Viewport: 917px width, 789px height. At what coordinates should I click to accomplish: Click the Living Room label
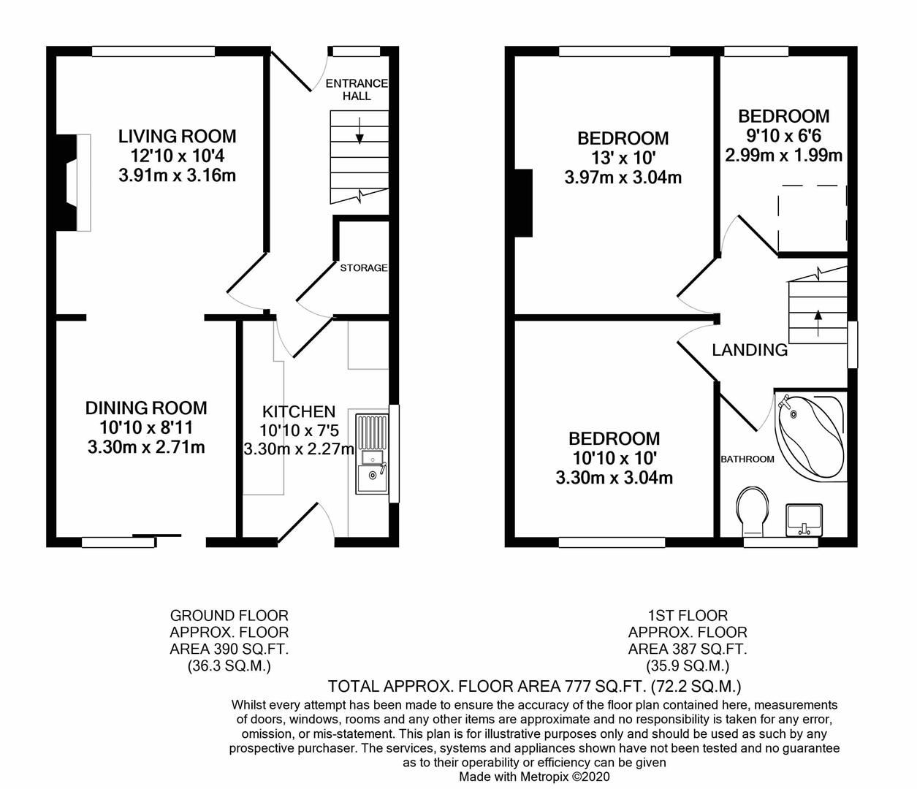point(178,136)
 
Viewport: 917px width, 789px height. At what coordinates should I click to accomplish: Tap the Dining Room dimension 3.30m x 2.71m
point(146,447)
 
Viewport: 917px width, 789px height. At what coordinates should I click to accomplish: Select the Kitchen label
point(299,411)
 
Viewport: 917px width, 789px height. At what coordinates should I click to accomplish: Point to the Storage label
point(363,268)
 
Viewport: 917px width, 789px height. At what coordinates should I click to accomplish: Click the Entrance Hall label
point(357,89)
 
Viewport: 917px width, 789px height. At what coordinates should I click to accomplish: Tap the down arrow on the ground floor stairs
point(359,131)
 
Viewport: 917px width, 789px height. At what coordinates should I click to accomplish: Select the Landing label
point(750,350)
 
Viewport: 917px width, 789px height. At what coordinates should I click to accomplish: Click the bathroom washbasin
point(803,519)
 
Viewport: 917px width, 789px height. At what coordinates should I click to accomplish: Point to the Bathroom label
point(747,459)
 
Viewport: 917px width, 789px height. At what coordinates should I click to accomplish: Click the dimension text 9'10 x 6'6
point(783,136)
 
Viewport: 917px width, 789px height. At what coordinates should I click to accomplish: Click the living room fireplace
point(74,183)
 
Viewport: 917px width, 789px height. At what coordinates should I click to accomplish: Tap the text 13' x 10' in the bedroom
point(623,158)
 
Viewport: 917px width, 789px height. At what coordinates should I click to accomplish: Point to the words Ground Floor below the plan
point(229,615)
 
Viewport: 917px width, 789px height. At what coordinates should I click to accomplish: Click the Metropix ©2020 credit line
point(534,777)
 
